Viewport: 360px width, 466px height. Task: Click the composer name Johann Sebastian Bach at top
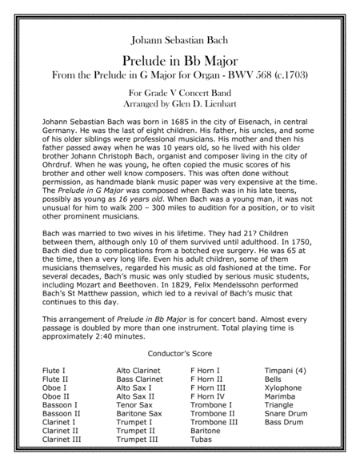click(x=179, y=38)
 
